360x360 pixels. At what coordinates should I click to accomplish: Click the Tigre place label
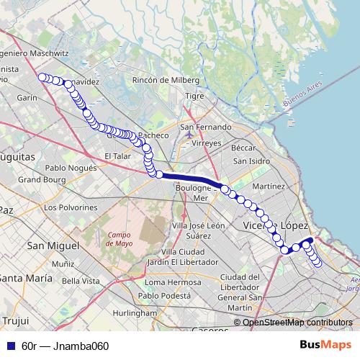point(195,96)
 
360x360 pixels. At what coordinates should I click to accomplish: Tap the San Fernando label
point(206,127)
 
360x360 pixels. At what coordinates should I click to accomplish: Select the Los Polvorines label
point(70,207)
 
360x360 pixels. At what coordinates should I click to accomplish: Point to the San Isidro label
point(251,160)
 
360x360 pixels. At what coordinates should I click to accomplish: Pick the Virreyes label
point(207,143)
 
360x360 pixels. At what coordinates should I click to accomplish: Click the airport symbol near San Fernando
point(189,134)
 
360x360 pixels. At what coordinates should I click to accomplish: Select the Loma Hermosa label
point(168,283)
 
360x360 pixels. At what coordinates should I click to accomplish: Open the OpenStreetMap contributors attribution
point(297,323)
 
